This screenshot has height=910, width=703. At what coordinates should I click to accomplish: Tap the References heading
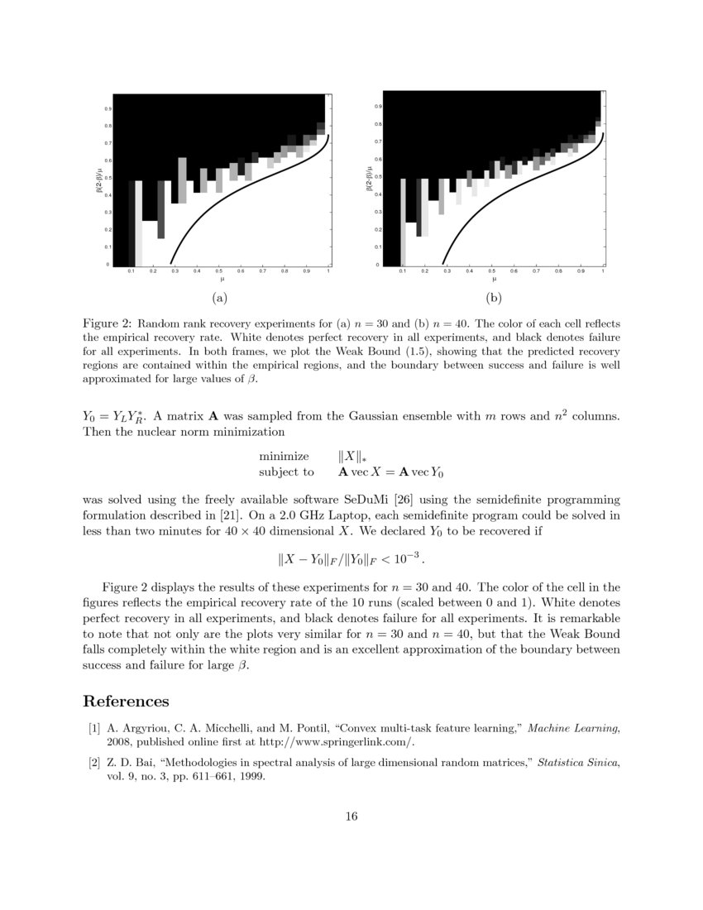[126, 702]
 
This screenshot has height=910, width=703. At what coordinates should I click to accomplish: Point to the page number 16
[351, 817]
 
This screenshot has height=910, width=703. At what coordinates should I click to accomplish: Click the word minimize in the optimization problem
[284, 456]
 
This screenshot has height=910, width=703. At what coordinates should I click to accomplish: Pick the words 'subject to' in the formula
[286, 472]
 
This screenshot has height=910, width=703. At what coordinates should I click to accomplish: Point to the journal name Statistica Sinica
[578, 762]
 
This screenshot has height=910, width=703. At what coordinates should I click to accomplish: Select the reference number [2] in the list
[94, 762]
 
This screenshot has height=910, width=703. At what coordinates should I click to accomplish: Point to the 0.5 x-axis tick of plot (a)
[219, 271]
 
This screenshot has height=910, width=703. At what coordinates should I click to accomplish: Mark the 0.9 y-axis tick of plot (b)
[378, 107]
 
